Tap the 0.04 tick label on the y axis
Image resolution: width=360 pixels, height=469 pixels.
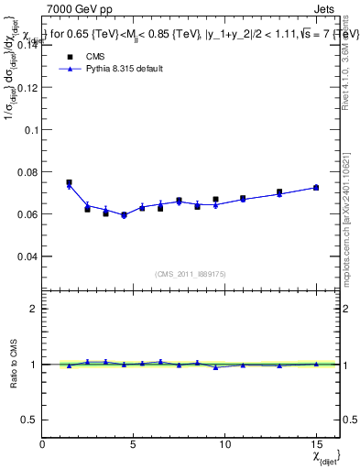27,256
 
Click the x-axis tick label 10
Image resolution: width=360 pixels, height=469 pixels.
224,444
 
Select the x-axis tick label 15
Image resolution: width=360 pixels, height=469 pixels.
316,444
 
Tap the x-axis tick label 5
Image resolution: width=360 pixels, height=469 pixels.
134,444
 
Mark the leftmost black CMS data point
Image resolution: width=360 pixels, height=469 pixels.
69,182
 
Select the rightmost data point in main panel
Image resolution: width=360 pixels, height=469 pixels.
316,187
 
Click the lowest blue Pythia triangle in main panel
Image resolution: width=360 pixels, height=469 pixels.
124,216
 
